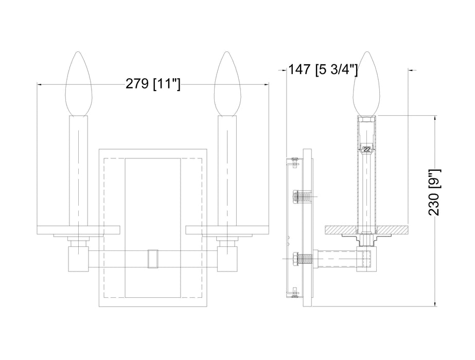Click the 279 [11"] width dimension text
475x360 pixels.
[153, 84]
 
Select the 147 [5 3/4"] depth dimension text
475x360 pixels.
[323, 69]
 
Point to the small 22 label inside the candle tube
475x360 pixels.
[366, 149]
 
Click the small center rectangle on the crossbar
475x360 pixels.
[153, 258]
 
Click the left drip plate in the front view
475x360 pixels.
[78, 229]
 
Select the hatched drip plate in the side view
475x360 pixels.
[366, 229]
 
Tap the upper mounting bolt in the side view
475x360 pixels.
[301, 196]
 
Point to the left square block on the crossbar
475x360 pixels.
[78, 258]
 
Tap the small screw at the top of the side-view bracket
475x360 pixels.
[294, 161]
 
